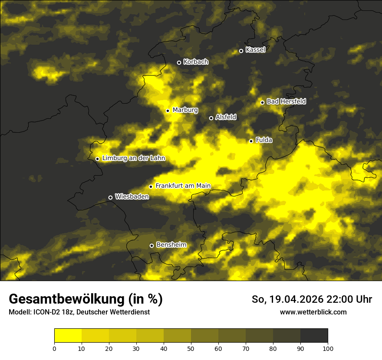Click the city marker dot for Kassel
pyautogui.click(x=241, y=51)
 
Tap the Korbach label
pyautogui.click(x=196, y=62)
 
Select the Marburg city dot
pyautogui.click(x=168, y=111)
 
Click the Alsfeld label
pyautogui.click(x=226, y=117)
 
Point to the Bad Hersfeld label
pyautogui.click(x=286, y=101)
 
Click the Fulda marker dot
pyautogui.click(x=251, y=141)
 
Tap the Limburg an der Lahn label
pyautogui.click(x=134, y=158)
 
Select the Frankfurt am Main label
pyautogui.click(x=183, y=186)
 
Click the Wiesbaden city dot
pyautogui.click(x=110, y=197)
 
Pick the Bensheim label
pyautogui.click(x=171, y=245)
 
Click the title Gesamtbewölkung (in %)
pyautogui.click(x=86, y=299)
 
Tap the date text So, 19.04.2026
pyautogui.click(x=287, y=299)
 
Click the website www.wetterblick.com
pyautogui.click(x=313, y=312)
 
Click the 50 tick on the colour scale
pyautogui.click(x=191, y=348)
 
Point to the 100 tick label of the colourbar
pyautogui.click(x=328, y=348)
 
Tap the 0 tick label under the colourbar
pyautogui.click(x=54, y=348)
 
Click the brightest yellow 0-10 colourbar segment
pyautogui.click(x=68, y=336)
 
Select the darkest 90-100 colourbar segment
pyautogui.click(x=314, y=336)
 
